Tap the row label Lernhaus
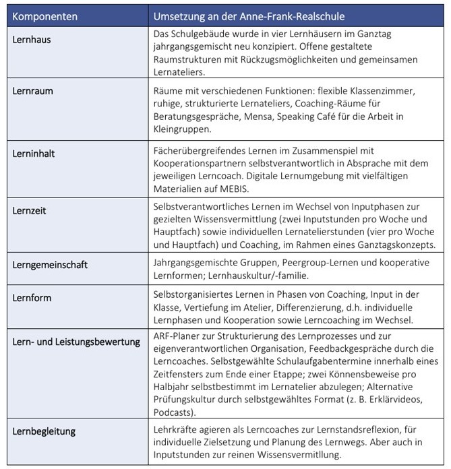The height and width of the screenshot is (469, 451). click(x=32, y=39)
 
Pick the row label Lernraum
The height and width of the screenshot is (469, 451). click(x=33, y=90)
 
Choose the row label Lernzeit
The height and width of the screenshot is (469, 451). click(x=30, y=210)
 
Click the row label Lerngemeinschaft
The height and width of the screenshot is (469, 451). click(x=50, y=265)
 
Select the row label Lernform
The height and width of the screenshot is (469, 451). click(x=32, y=297)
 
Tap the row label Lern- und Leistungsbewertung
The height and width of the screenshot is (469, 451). click(x=76, y=342)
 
